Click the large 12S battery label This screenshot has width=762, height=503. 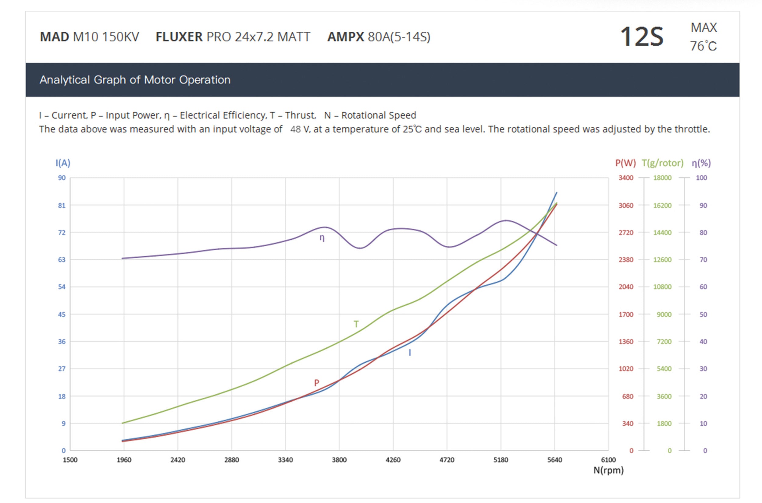641,37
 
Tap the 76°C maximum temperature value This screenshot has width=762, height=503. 703,46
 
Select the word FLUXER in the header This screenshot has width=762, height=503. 179,37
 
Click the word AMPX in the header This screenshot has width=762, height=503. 346,37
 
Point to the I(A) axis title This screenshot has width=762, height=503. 63,163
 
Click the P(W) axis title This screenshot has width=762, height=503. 625,163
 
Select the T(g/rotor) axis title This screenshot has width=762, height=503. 662,163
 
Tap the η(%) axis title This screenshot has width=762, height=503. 701,163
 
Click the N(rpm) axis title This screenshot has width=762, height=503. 608,470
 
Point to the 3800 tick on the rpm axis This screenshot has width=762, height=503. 339,460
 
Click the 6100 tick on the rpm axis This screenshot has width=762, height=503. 608,460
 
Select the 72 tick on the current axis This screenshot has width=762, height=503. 62,232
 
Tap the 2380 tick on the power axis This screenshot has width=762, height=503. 626,259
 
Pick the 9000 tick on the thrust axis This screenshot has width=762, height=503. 664,314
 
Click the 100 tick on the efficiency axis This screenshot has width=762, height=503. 701,178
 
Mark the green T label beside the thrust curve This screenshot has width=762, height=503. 356,324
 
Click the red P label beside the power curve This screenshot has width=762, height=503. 317,383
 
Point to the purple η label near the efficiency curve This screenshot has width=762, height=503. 322,238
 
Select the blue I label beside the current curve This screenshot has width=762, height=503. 410,353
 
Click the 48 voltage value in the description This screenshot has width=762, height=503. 295,129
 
